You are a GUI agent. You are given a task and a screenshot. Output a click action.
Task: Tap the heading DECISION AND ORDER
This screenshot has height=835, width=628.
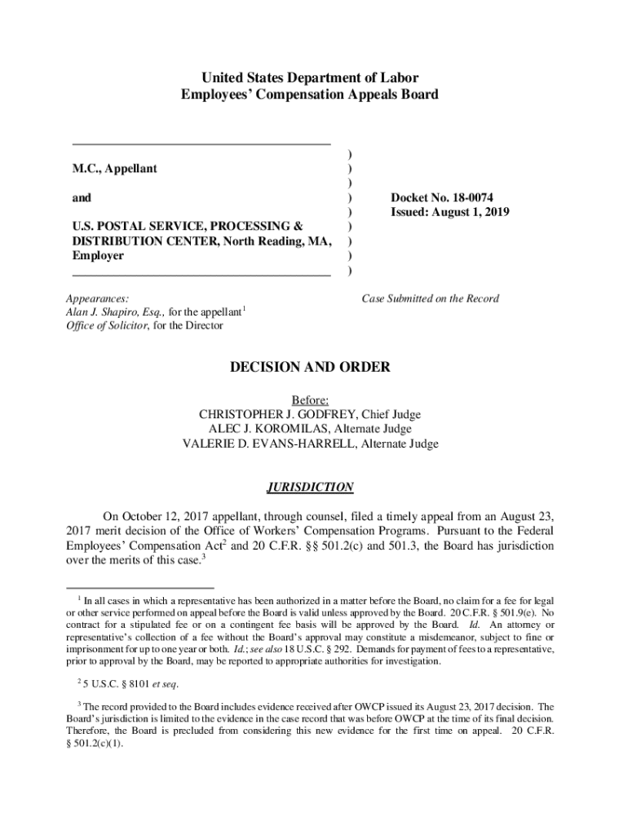[x=309, y=367]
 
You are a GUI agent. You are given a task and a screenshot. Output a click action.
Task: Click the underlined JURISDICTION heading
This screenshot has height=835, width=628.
[x=309, y=488]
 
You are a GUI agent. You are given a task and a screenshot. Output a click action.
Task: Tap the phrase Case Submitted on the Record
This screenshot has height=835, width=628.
[x=430, y=298]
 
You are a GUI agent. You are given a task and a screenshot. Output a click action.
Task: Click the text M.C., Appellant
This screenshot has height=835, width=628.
[x=115, y=169]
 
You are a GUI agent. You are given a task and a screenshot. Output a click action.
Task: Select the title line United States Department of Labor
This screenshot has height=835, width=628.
[x=309, y=78]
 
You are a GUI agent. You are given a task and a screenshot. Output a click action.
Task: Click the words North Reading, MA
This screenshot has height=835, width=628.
[x=278, y=241]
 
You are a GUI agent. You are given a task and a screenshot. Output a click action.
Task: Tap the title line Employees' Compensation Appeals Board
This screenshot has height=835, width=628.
[x=309, y=95]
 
